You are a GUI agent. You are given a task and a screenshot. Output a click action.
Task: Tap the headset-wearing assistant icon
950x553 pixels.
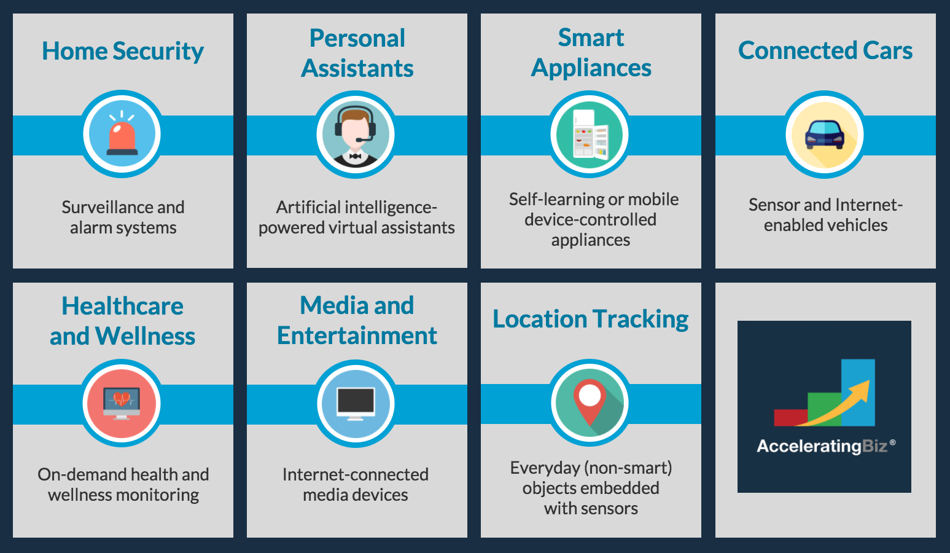(x=356, y=135)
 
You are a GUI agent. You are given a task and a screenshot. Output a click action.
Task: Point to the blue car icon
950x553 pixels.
(x=825, y=135)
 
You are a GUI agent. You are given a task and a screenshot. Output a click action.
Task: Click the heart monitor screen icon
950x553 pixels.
(x=122, y=403)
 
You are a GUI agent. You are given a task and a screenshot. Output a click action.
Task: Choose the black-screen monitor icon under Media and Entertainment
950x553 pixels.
(x=356, y=404)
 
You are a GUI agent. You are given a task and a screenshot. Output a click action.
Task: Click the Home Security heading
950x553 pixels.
(x=123, y=51)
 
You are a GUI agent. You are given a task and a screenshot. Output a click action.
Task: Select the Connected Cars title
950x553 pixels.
(x=825, y=50)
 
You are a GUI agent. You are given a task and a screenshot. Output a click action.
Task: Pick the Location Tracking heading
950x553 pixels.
(x=590, y=319)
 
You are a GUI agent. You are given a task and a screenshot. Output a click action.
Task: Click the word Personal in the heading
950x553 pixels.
(x=357, y=38)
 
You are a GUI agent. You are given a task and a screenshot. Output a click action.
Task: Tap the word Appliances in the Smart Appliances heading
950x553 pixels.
(x=591, y=68)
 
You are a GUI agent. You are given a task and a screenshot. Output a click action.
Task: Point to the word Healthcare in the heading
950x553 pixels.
(x=123, y=306)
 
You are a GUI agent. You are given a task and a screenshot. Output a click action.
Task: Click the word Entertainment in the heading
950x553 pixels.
(x=357, y=336)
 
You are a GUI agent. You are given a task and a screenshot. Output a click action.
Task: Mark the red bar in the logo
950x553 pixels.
(x=790, y=417)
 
